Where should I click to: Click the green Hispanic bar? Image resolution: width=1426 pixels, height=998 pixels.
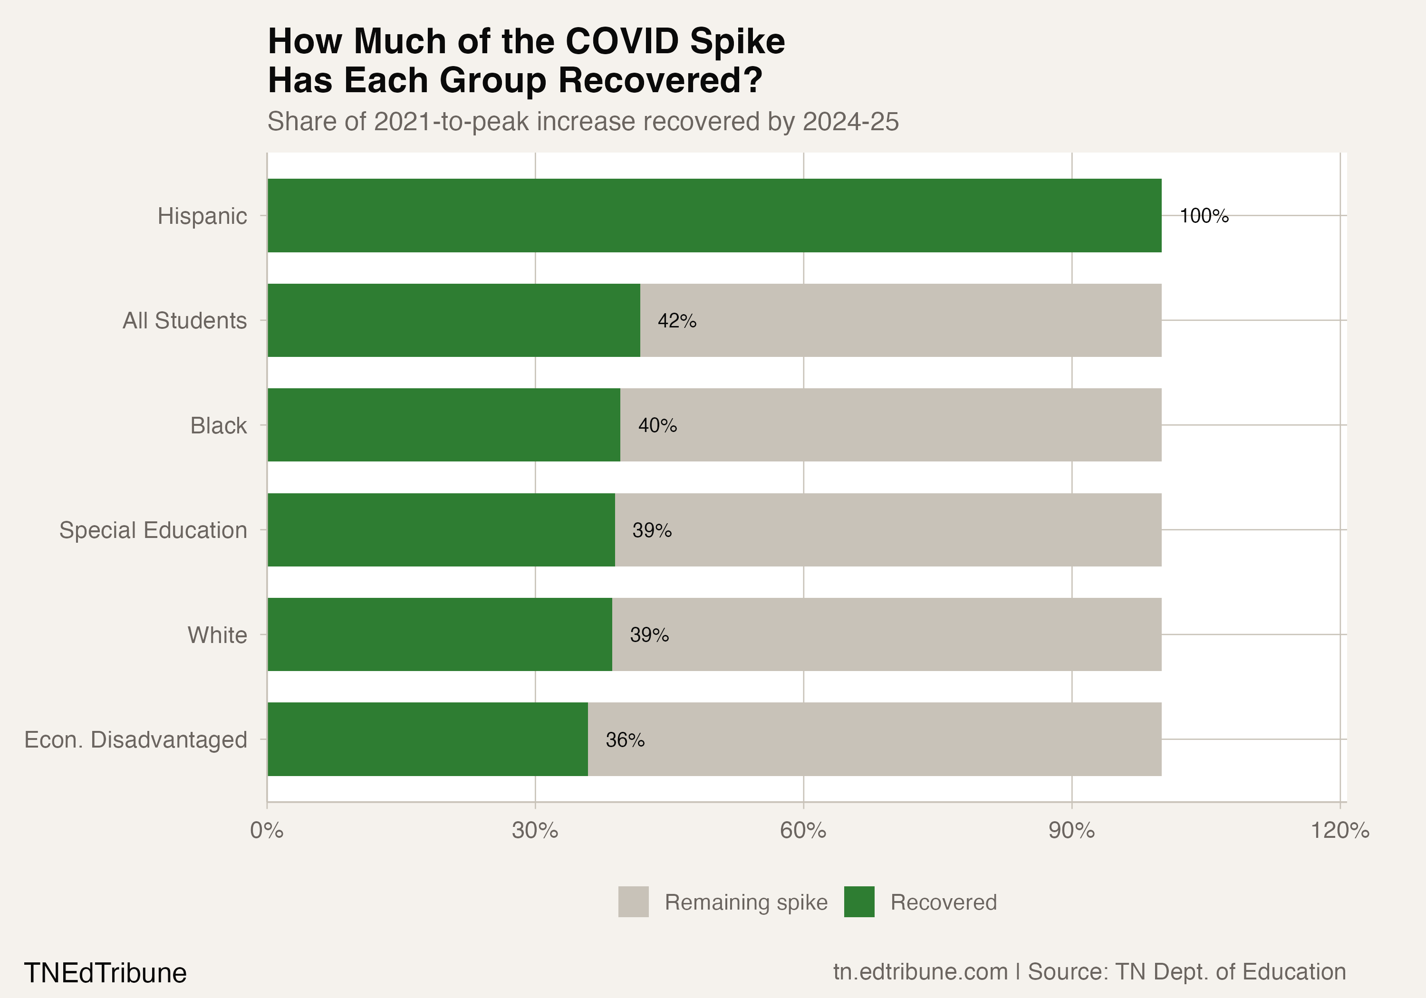(714, 215)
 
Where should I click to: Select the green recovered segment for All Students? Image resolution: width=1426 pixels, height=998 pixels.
(453, 320)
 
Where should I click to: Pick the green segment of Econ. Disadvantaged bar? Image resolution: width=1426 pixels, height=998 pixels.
(427, 739)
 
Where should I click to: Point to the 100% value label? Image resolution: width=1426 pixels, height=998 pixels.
(1204, 216)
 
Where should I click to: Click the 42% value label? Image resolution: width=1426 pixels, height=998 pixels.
(677, 321)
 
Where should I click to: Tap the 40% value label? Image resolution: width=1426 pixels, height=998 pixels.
(657, 425)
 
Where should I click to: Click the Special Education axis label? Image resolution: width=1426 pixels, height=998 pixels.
(153, 530)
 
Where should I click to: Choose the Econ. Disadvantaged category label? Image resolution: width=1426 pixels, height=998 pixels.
(135, 739)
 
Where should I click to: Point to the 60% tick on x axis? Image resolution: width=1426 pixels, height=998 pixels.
(803, 830)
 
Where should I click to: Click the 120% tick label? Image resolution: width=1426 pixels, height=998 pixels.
(1339, 830)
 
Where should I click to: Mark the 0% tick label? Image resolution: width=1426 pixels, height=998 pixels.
(267, 830)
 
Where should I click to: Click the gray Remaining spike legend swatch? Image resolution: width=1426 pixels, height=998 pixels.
(633, 902)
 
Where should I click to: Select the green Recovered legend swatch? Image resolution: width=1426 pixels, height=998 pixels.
(859, 902)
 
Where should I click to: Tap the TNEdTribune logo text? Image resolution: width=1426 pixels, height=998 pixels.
(105, 972)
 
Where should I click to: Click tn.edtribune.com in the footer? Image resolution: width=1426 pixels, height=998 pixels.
(920, 972)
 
